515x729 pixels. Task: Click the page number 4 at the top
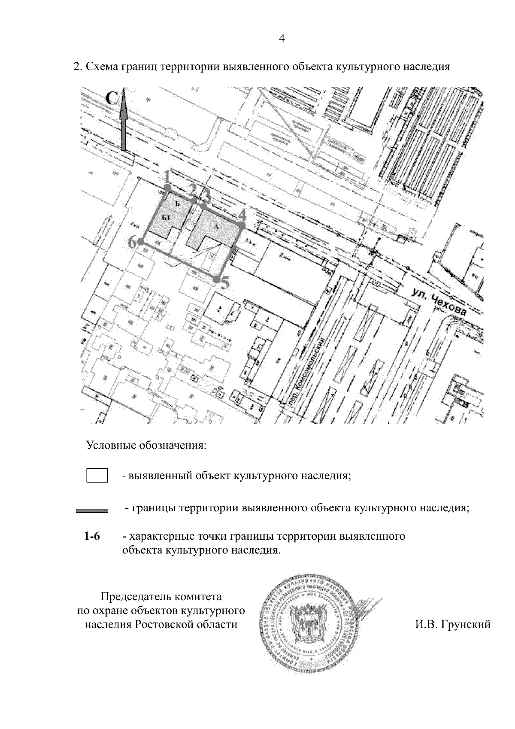point(282,39)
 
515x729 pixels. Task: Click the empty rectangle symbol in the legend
point(97,476)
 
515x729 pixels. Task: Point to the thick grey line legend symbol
point(91,511)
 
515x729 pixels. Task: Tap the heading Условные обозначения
point(147,445)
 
